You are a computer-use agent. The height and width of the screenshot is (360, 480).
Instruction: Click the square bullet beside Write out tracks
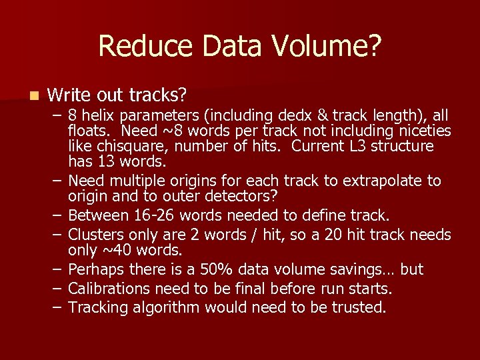pos(26,95)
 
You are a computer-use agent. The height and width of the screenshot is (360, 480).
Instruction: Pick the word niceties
pos(421,130)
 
